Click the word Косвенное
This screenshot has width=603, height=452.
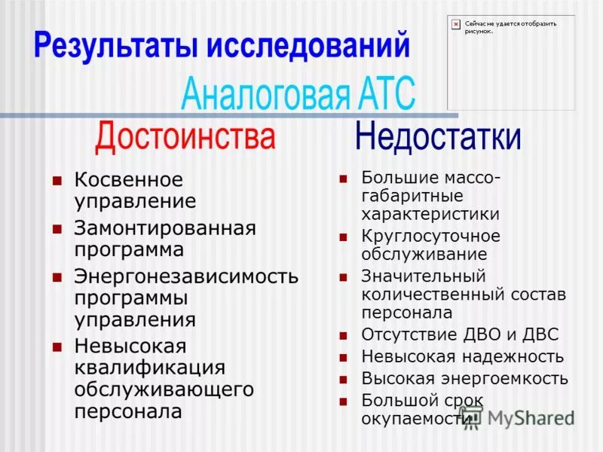[x=128, y=181]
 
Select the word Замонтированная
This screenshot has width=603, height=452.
[x=165, y=228]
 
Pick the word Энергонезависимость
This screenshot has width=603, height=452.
[x=185, y=276]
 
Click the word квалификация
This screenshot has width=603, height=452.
[x=149, y=368]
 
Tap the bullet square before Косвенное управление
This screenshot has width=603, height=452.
[x=56, y=181]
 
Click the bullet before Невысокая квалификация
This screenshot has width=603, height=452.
[x=56, y=347]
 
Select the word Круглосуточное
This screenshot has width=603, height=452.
[x=430, y=236]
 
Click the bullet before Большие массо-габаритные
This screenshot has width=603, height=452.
[x=343, y=179]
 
